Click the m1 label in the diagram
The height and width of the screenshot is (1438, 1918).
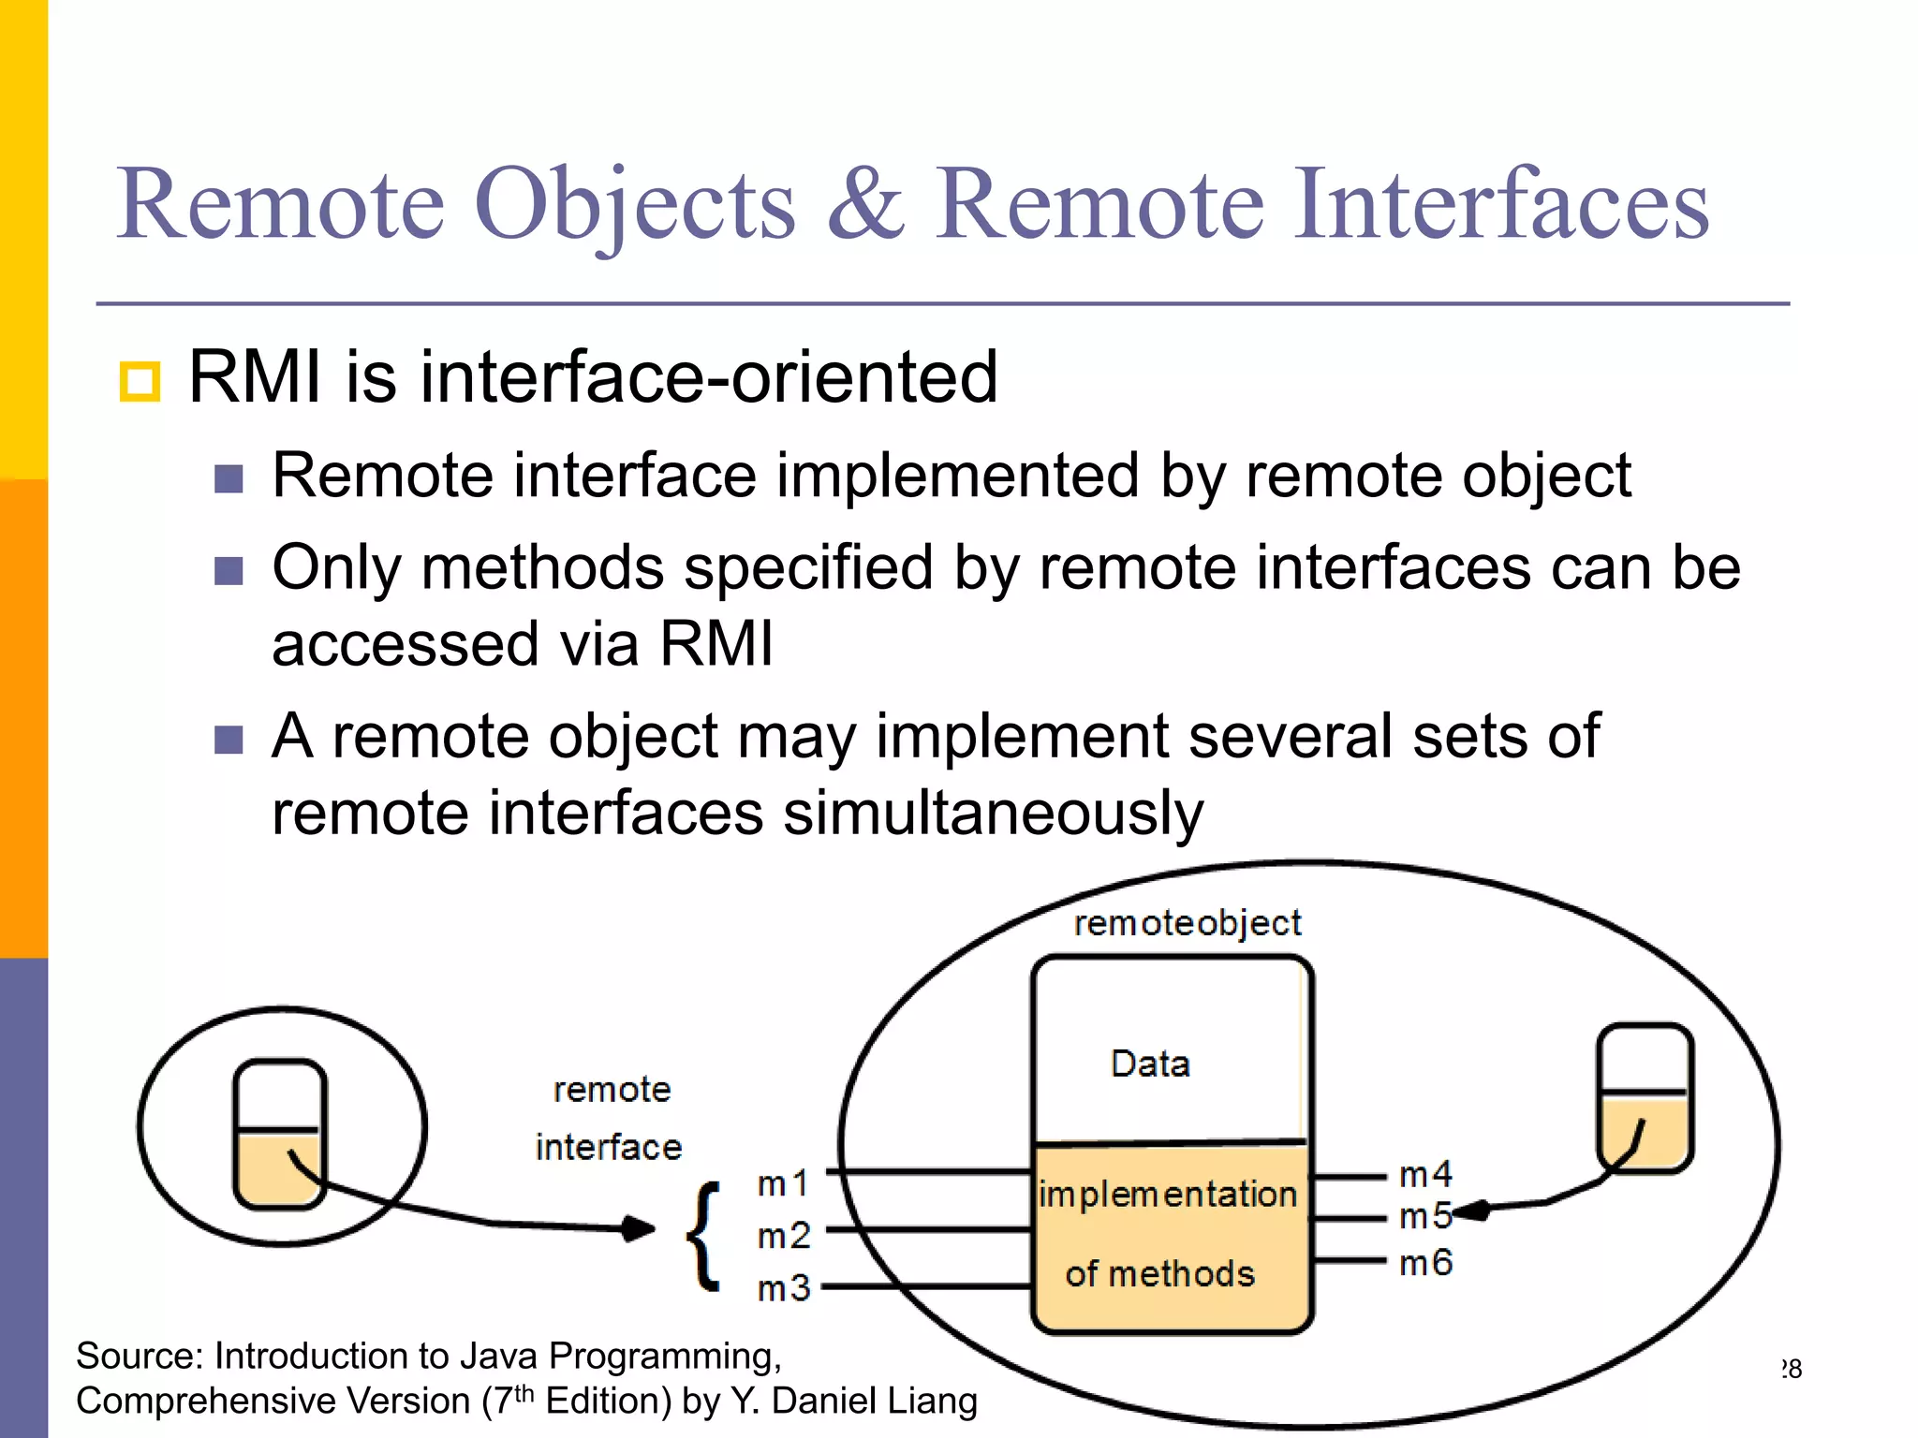783,1184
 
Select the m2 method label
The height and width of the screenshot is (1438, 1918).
784,1237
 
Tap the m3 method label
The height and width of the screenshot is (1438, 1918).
784,1289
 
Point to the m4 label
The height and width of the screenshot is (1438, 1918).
1424,1174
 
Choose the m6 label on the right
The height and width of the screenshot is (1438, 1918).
1424,1263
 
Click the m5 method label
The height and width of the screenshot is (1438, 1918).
1423,1217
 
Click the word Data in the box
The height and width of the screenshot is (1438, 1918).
1150,1064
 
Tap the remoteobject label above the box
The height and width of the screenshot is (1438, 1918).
1187,923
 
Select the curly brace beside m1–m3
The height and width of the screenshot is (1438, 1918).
705,1236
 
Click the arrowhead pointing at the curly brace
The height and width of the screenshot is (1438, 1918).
641,1227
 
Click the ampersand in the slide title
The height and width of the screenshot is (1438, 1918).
866,204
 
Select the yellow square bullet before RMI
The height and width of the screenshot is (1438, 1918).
140,382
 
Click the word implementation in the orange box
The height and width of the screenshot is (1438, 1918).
1168,1195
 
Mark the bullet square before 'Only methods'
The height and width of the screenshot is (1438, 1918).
229,570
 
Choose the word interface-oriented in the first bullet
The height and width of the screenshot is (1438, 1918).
708,377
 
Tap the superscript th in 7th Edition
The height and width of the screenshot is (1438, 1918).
524,1392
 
